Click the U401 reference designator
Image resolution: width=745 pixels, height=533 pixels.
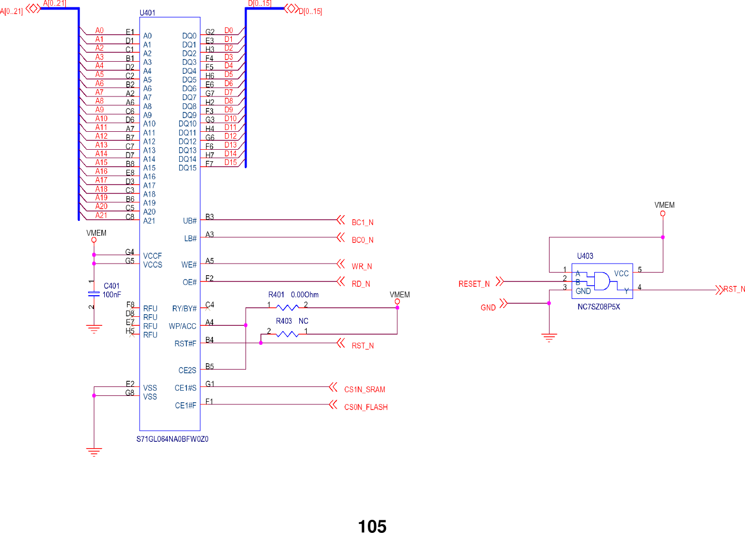(148, 13)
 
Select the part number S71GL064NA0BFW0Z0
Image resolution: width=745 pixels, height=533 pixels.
(172, 439)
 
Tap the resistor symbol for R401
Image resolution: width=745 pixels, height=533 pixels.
(287, 307)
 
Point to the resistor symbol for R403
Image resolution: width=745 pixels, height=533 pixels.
(287, 334)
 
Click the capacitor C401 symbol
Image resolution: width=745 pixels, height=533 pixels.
(94, 293)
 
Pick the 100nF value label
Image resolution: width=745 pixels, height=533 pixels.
(112, 295)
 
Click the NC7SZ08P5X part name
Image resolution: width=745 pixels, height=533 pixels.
(599, 306)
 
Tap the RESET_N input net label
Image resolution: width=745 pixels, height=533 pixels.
(474, 284)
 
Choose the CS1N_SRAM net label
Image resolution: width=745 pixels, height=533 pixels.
(365, 390)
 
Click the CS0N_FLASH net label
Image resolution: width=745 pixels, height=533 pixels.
(366, 407)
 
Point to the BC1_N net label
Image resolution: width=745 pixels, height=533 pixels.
(362, 222)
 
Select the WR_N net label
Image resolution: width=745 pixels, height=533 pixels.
(361, 266)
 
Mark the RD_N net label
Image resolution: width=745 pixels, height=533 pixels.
(361, 284)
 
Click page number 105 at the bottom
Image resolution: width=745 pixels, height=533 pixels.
(372, 526)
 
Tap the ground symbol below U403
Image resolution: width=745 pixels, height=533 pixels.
(549, 338)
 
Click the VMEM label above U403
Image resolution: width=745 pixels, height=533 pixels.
(664, 205)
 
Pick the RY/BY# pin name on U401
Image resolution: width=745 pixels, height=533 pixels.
(184, 308)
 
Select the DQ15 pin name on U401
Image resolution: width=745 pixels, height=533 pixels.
(187, 168)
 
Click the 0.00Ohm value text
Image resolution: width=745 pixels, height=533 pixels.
(305, 295)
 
